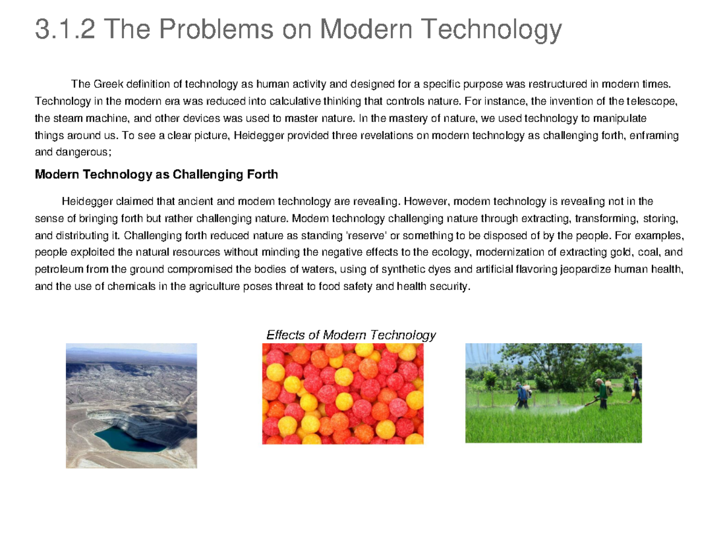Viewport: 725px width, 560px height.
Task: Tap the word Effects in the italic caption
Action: [x=285, y=335]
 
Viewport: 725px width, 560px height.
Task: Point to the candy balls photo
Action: [x=343, y=394]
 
